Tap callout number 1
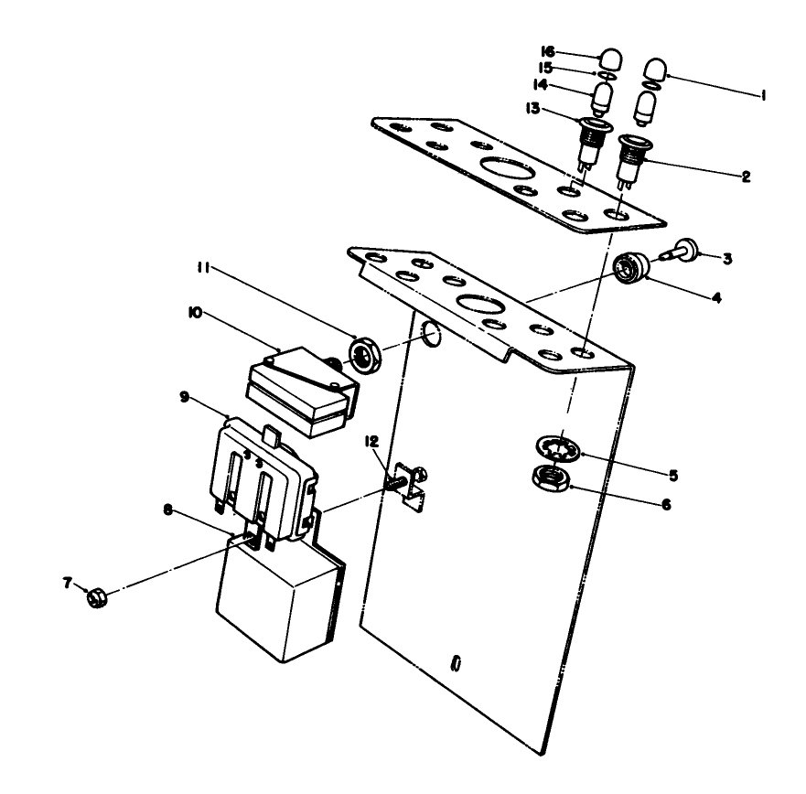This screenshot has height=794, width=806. pos(765,93)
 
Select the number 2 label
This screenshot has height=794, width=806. pos(747,176)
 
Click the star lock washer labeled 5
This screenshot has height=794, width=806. pos(555,448)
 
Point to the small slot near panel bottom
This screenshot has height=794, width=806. pos(455,663)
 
